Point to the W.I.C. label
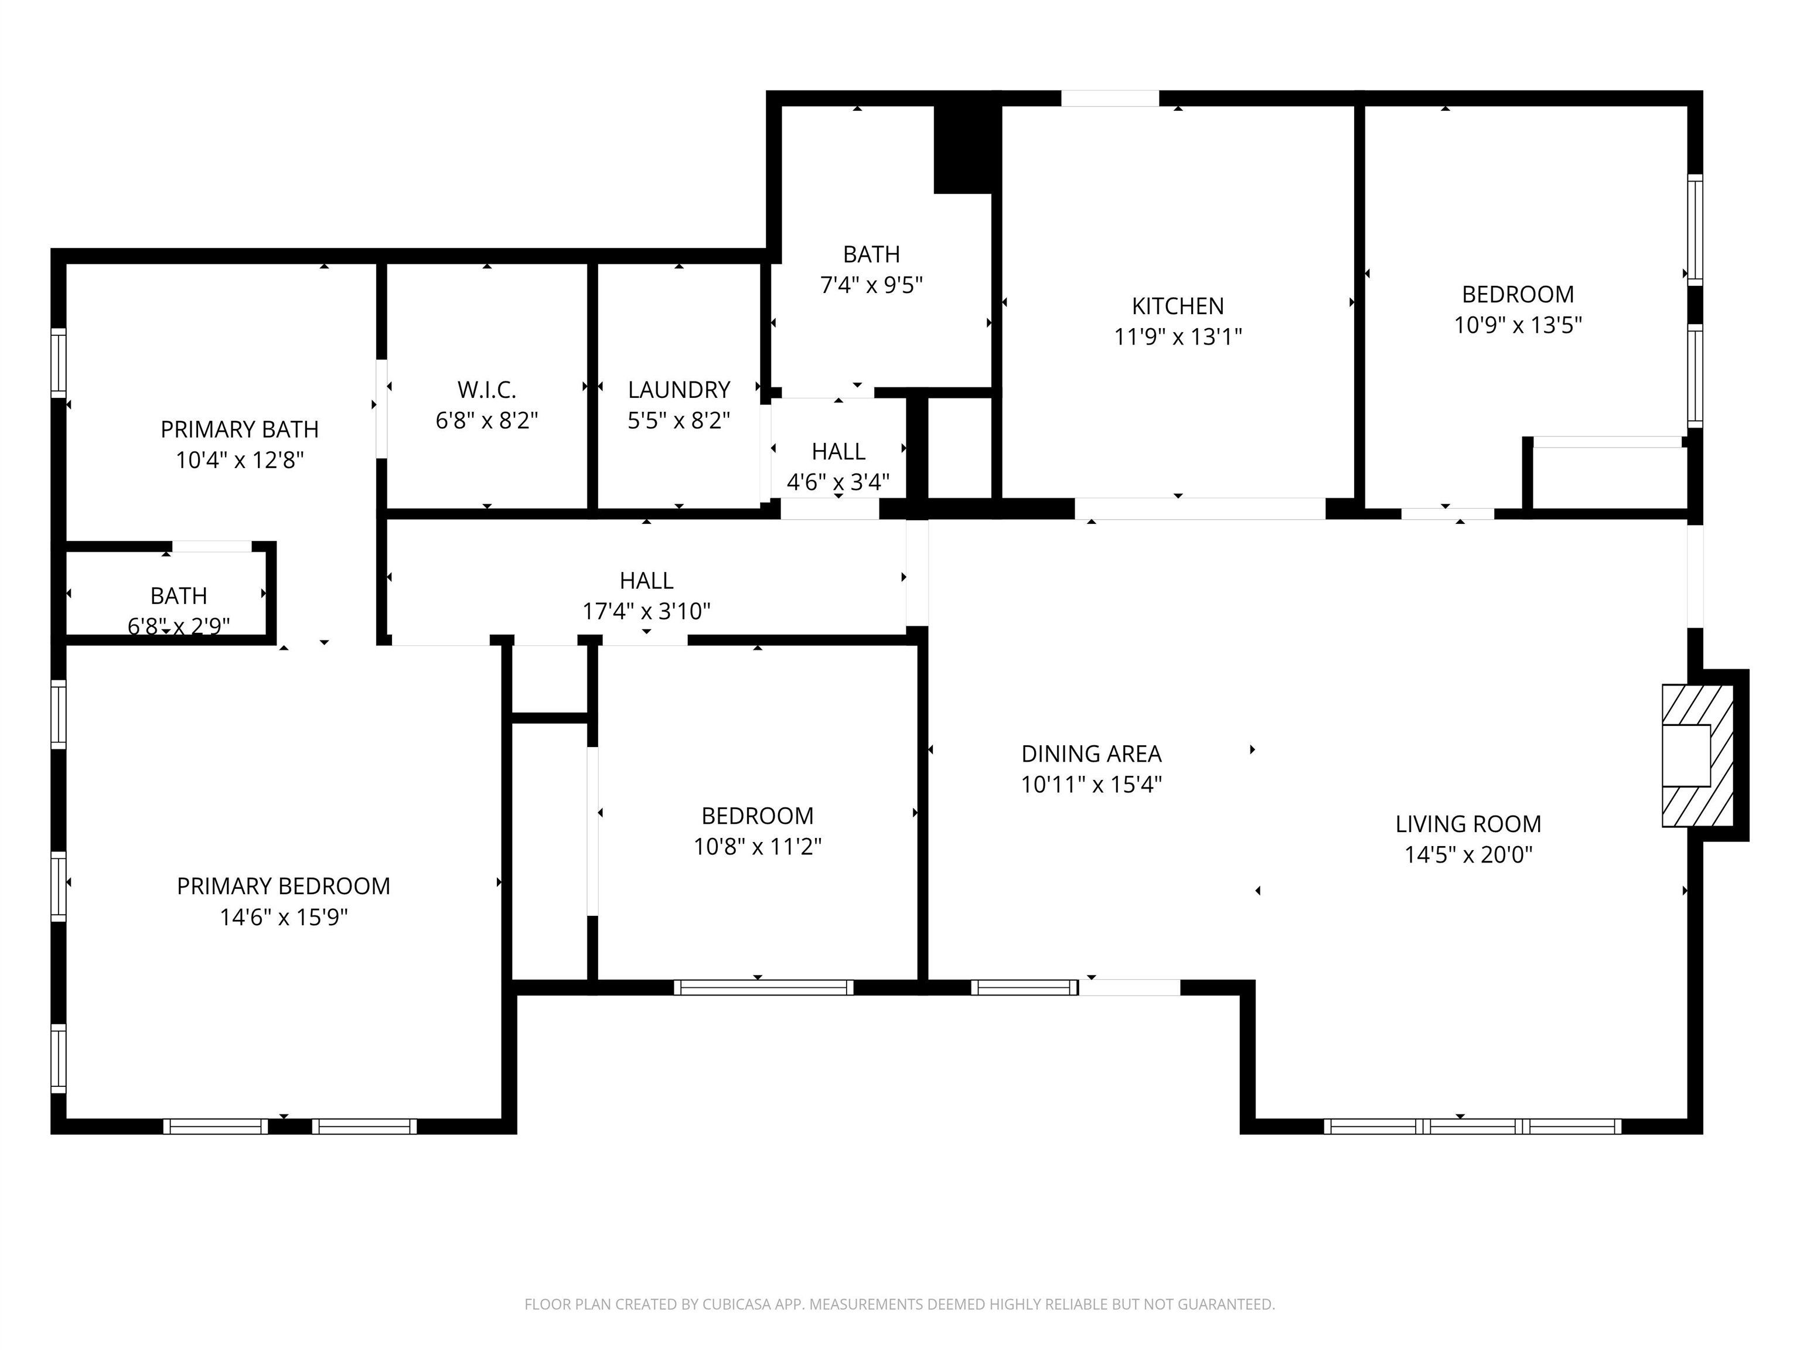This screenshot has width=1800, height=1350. pos(486,390)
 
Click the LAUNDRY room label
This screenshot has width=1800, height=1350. pos(679,390)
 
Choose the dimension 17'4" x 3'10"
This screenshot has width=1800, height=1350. pos(646,611)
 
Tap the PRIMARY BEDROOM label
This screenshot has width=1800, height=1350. pos(283,886)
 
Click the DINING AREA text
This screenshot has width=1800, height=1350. pos(1091,754)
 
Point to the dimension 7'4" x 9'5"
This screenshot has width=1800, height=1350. pos(871,285)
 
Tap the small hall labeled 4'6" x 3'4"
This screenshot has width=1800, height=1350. pos(838,452)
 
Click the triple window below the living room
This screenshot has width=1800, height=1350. pos(1472,1126)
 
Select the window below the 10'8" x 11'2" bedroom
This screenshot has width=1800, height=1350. pos(763,987)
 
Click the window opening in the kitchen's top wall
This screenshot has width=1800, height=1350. pos(1110,98)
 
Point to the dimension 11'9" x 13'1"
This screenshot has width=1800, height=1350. pos(1178,337)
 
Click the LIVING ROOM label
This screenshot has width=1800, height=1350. pos(1468,824)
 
